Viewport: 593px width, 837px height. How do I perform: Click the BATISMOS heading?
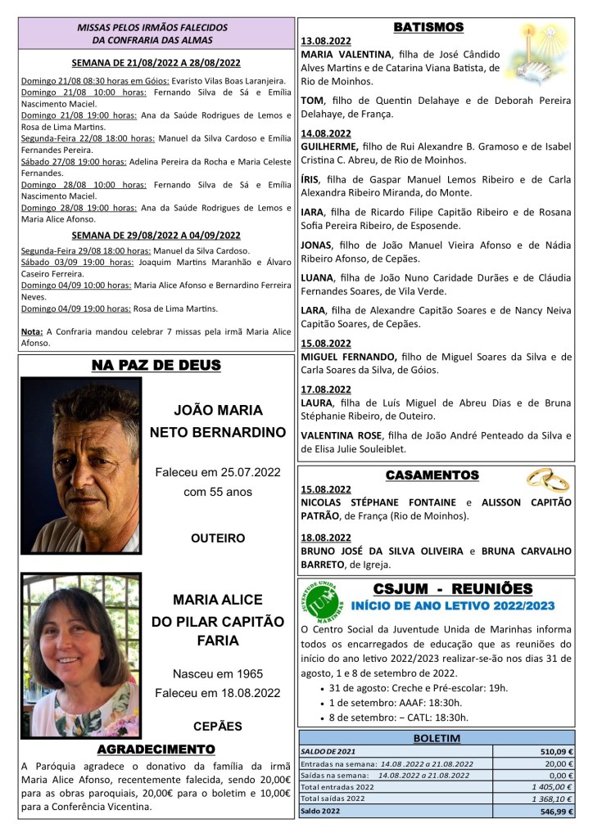coord(428,27)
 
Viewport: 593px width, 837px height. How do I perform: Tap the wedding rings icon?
coord(547,478)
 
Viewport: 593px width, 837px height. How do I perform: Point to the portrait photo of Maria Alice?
coord(80,655)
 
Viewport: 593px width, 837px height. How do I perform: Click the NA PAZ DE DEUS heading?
coord(156,366)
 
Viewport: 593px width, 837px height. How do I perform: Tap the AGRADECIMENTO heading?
coord(156,749)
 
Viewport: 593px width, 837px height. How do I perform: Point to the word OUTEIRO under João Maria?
coord(218,538)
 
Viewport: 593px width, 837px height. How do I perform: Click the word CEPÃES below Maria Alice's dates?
coord(218,725)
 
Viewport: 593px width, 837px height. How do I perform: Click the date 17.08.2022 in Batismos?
coord(326,389)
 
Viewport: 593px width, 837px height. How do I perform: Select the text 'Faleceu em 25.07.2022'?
coord(218,472)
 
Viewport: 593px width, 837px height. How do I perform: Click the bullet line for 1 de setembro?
coord(396,703)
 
